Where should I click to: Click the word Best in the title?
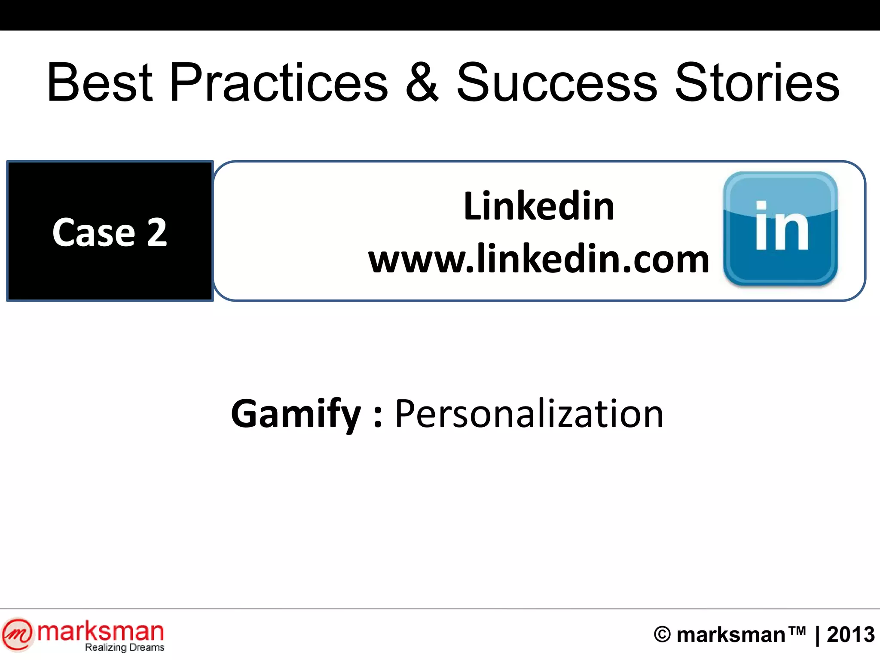click(x=100, y=82)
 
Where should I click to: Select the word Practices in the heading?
click(x=279, y=82)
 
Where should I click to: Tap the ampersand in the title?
click(x=422, y=82)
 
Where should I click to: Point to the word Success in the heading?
click(x=556, y=82)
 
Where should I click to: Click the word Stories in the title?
click(x=757, y=82)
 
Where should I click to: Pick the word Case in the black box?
click(x=94, y=232)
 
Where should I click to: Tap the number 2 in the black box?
click(x=157, y=232)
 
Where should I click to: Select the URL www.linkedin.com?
click(x=539, y=259)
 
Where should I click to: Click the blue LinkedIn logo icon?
click(x=780, y=229)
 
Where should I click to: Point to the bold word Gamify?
click(x=296, y=414)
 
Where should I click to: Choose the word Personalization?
click(x=529, y=414)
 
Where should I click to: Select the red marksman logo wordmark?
click(x=101, y=631)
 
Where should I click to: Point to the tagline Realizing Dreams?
click(x=125, y=648)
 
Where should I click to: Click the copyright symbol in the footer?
click(x=662, y=635)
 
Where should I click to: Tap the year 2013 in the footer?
click(x=851, y=635)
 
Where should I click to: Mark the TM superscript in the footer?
click(x=797, y=630)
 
